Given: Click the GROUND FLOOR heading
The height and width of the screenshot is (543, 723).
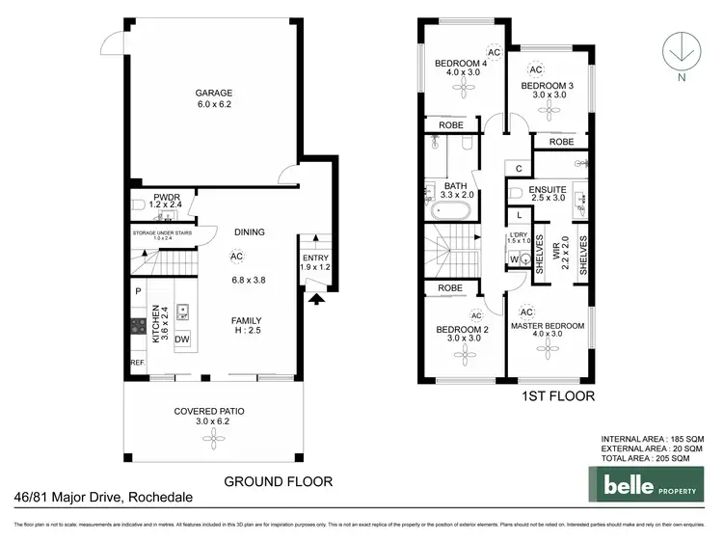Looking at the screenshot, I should tap(278, 480).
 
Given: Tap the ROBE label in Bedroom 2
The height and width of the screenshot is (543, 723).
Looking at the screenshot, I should tap(450, 287).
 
